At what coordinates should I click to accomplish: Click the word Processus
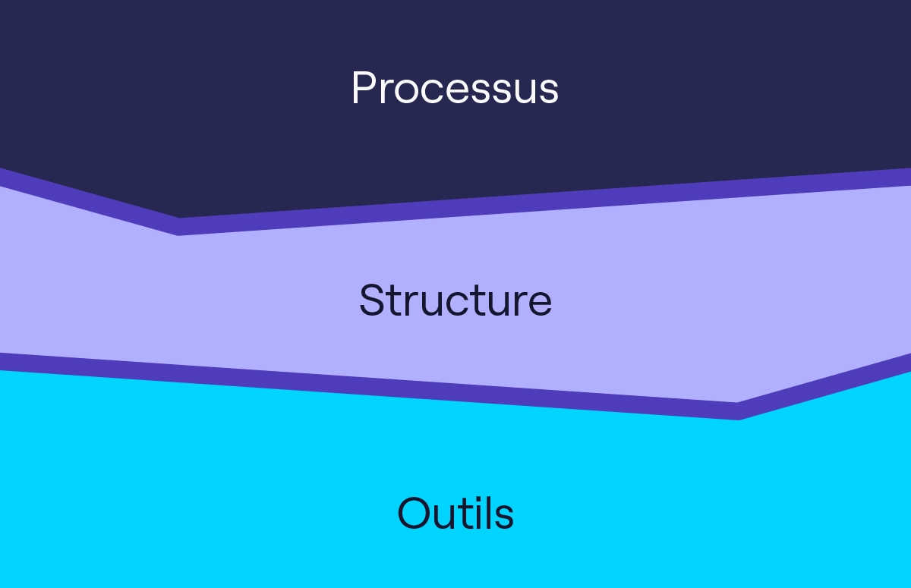coord(455,88)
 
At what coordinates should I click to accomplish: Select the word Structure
coord(455,300)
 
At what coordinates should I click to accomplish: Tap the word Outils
coord(455,513)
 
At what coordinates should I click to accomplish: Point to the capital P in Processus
coord(364,88)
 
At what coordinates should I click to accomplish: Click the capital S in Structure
coord(371,300)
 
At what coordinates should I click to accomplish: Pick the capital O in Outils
coord(414,513)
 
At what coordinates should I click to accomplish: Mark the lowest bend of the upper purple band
coord(179,226)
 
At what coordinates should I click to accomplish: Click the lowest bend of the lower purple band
coord(738,410)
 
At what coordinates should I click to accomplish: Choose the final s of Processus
coord(548,91)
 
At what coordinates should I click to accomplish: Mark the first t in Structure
coord(392,301)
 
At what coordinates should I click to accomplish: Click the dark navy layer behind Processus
coord(683,83)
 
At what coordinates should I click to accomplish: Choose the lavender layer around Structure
coord(683,296)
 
